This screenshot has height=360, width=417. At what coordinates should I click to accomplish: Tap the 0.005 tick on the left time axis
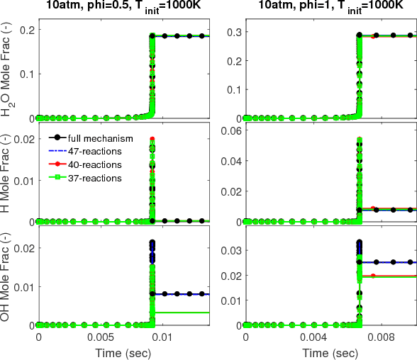pos(94,337)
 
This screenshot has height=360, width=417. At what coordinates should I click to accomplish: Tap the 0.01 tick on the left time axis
pos(151,337)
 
